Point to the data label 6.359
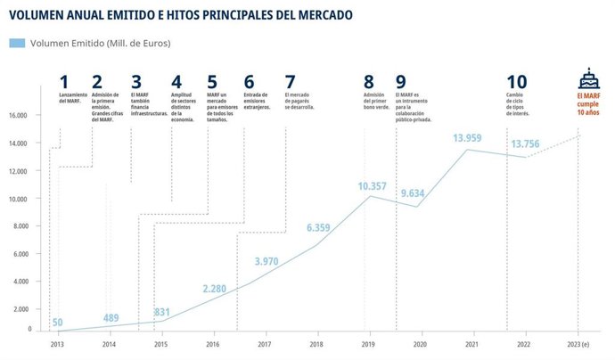318,228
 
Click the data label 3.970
267,261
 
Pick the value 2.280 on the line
216,289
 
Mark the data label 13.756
526,144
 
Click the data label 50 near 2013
57,322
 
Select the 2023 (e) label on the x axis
578,343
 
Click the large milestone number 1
63,82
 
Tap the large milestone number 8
369,82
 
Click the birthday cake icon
587,77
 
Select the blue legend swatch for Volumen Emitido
17,43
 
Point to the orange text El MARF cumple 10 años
588,103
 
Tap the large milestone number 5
211,82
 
